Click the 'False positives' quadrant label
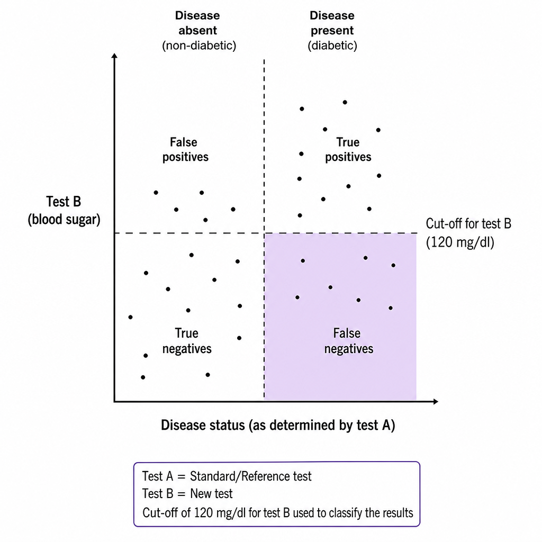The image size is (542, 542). click(185, 149)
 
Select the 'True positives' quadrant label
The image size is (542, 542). click(348, 149)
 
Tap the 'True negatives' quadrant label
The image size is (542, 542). click(187, 341)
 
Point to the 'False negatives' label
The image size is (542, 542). click(348, 341)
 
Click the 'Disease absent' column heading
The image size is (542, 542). click(197, 23)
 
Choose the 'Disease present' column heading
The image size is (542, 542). click(332, 23)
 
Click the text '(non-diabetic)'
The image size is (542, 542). click(199, 46)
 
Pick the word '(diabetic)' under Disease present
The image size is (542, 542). click(332, 46)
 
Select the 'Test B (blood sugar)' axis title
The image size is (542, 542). click(64, 211)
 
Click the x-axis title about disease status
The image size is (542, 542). click(278, 425)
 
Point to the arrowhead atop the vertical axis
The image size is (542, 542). click(114, 56)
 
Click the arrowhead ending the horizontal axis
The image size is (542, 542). click(436, 401)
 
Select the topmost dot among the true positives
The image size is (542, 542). click(345, 102)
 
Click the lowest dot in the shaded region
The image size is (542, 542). click(391, 308)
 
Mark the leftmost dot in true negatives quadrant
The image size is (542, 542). click(130, 317)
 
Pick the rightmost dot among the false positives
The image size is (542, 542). click(233, 209)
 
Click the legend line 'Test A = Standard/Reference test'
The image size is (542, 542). click(227, 476)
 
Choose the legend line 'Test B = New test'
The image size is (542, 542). click(187, 494)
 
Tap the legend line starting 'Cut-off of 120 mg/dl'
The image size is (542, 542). click(277, 512)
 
